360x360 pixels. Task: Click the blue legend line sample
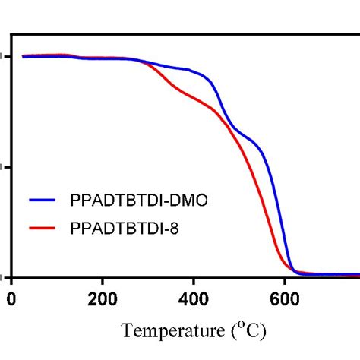coord(46,201)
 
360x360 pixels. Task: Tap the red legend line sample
coord(46,226)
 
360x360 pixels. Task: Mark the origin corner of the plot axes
coord(11,276)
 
